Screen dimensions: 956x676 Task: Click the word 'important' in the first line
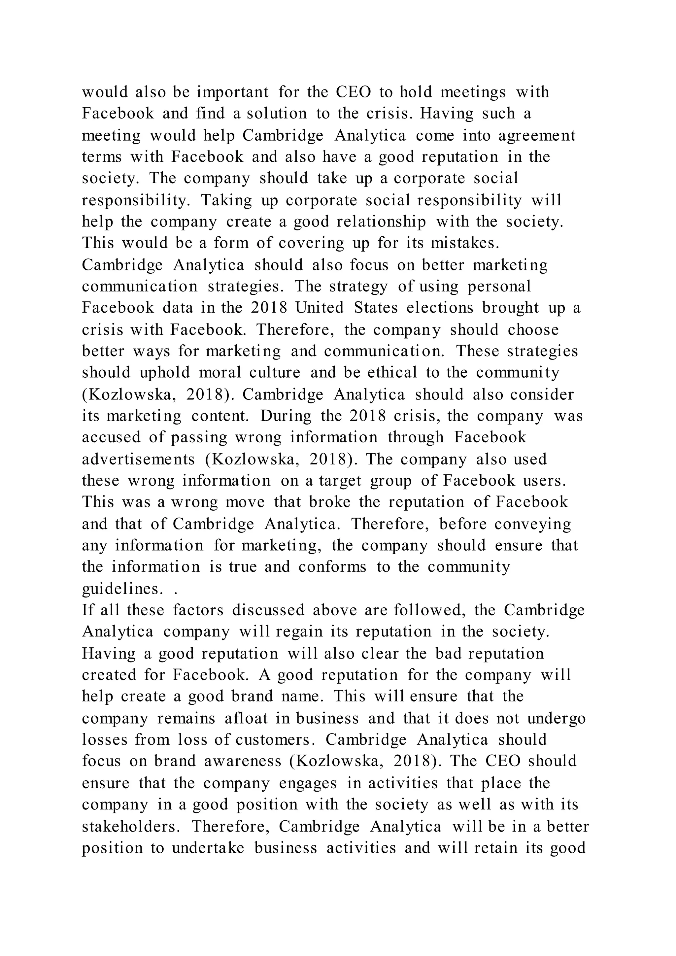233,92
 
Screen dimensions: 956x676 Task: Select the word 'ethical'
392,373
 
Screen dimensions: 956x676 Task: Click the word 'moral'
220,373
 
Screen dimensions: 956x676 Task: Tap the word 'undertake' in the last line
208,848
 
